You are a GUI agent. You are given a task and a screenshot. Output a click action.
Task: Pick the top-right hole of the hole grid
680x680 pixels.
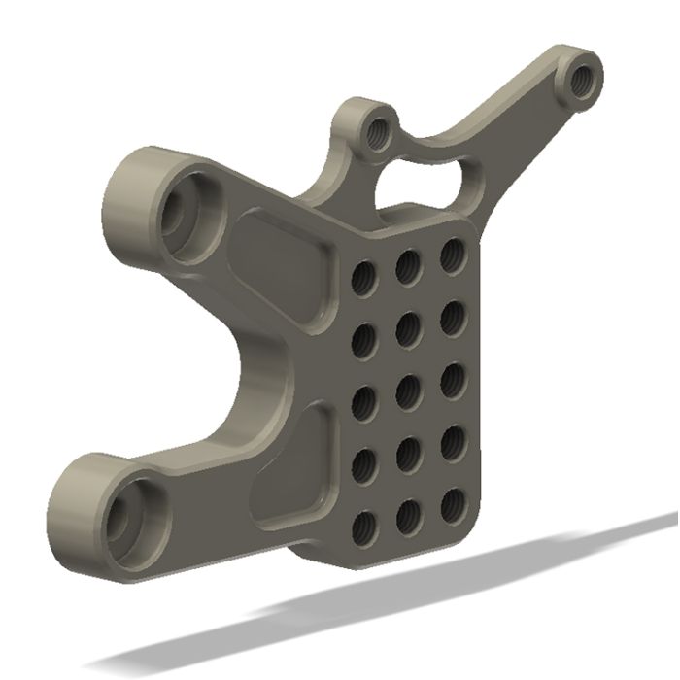point(451,255)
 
